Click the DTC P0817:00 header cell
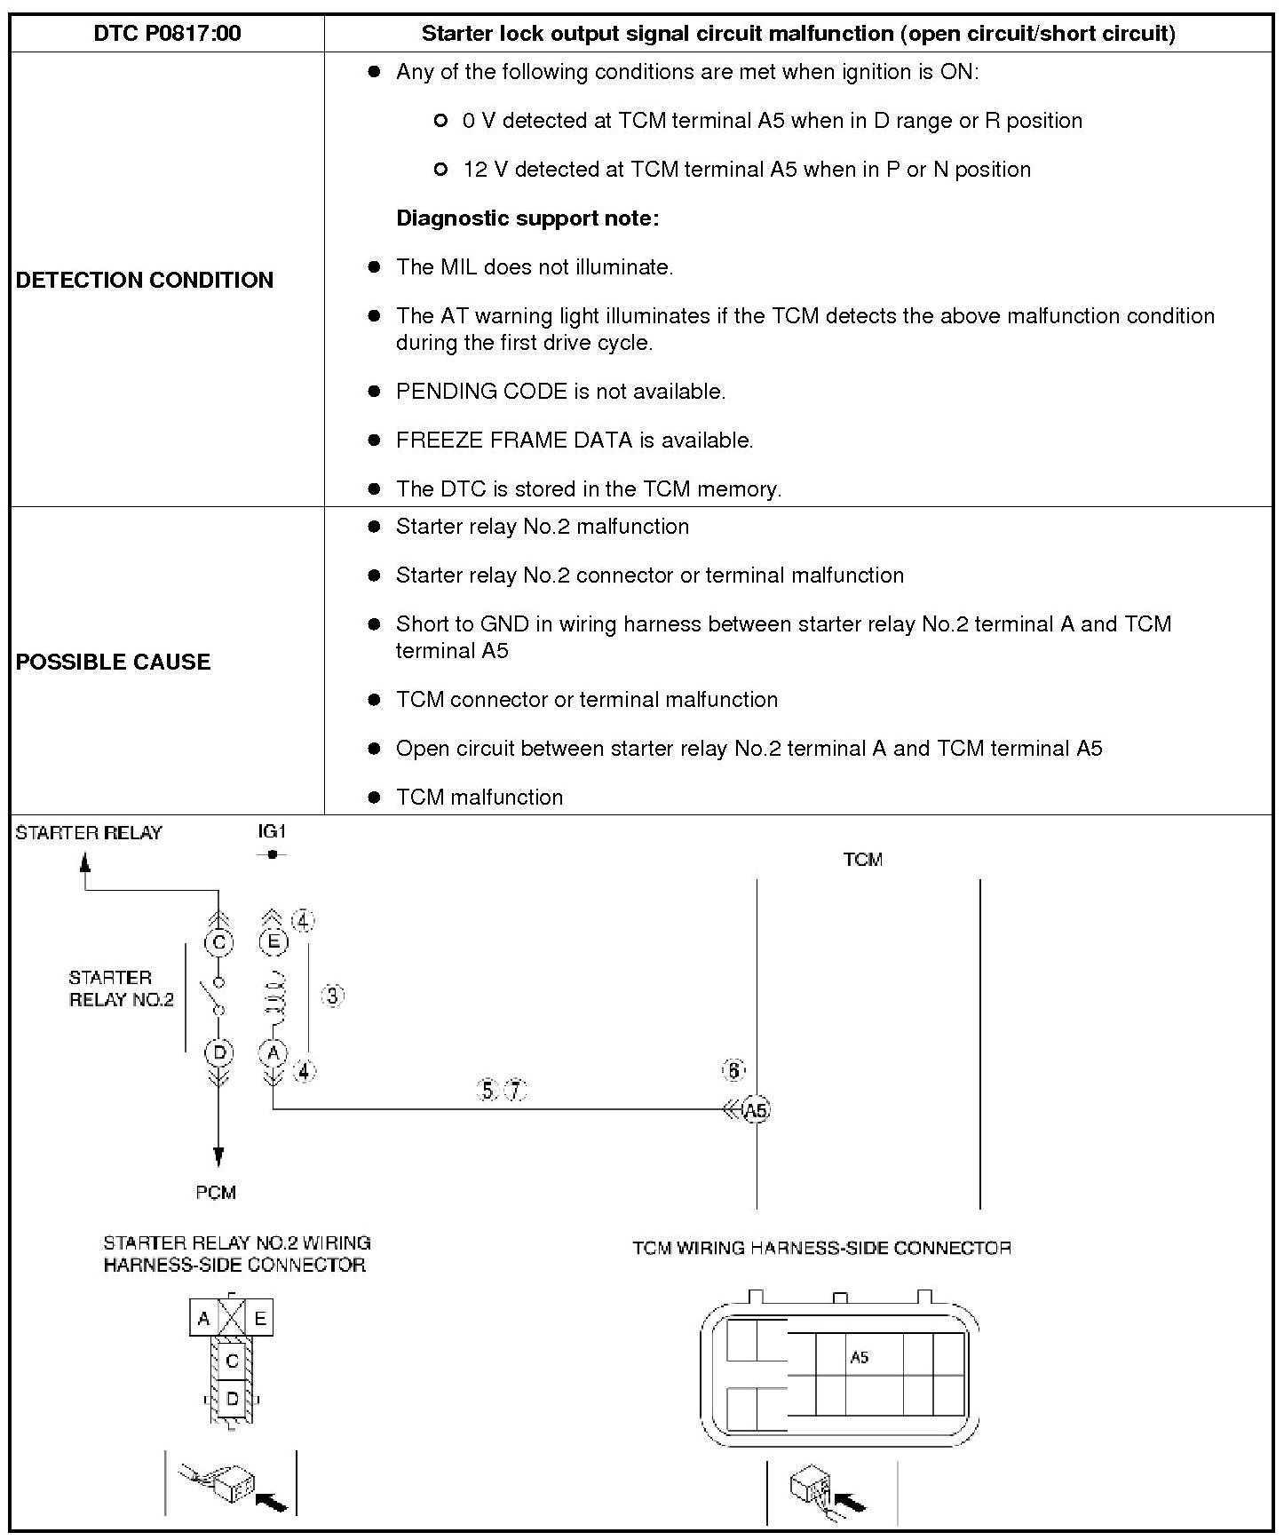pos(167,34)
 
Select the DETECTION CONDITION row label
pos(145,280)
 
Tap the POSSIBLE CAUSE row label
pos(114,662)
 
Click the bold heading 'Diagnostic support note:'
pos(527,218)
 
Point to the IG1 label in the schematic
pos(272,832)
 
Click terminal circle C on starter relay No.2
pos(218,942)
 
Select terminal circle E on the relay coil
pos(273,942)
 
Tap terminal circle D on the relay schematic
pos(218,1053)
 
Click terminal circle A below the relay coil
pos(273,1053)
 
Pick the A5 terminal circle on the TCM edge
pos(756,1110)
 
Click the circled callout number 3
pos(332,996)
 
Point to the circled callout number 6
pos(733,1071)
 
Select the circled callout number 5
pos(488,1090)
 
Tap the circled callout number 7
pos(516,1090)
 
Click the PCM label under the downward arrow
pos(216,1193)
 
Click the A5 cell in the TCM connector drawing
pos(859,1357)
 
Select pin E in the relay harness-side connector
pos(260,1319)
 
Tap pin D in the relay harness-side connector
pos(232,1399)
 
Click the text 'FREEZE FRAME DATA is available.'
pos(575,441)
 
